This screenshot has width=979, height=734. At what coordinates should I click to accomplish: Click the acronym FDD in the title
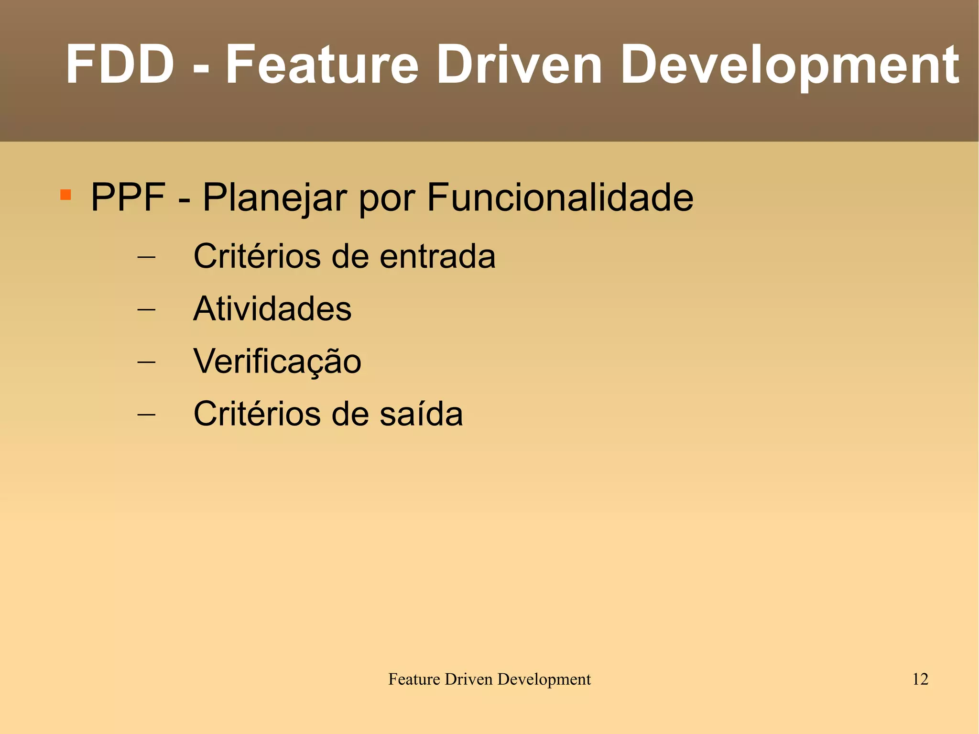[120, 65]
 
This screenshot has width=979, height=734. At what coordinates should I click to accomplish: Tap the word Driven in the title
[519, 65]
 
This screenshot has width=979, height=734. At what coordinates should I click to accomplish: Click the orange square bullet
[65, 195]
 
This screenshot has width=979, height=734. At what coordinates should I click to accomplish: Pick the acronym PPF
[128, 197]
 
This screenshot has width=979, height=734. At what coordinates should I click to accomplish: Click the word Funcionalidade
[560, 197]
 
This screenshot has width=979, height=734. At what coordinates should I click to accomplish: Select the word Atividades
[272, 308]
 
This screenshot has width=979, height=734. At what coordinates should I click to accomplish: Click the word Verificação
[277, 362]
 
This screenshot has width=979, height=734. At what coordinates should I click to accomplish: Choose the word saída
[421, 414]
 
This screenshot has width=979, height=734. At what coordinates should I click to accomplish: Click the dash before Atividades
[146, 309]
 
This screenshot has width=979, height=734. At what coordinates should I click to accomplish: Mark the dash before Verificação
[146, 362]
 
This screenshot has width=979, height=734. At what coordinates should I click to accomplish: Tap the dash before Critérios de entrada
[146, 257]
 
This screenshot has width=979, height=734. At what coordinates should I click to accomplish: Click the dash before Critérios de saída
[146, 414]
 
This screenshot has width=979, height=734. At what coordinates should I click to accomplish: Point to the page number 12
[920, 679]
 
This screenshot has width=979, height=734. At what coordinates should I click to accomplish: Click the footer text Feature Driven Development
[489, 679]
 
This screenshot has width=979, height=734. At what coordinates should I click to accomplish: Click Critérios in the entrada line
[257, 256]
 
